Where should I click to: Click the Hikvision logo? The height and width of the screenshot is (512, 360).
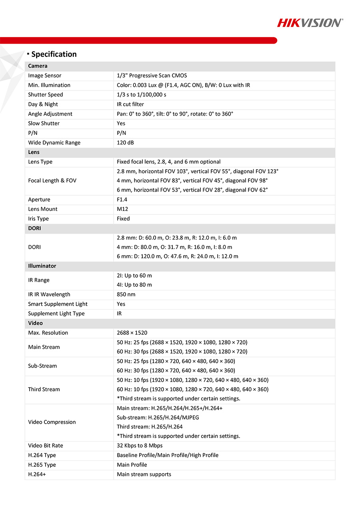[310, 23]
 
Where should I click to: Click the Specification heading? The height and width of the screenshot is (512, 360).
[54, 54]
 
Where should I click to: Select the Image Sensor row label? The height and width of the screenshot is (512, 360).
[45, 76]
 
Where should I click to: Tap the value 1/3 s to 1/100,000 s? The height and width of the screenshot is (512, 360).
[141, 95]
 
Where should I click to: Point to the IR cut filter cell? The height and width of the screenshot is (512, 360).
[130, 104]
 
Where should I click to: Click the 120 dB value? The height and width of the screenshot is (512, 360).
[125, 143]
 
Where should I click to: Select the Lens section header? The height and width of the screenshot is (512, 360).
[34, 152]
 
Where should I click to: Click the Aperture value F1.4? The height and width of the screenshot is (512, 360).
[122, 200]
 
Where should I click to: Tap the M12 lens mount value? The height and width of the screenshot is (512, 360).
[122, 209]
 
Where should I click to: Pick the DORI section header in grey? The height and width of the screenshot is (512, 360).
[34, 228]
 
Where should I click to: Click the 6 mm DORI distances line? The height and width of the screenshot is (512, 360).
[177, 256]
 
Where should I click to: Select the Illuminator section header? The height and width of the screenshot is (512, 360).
[42, 266]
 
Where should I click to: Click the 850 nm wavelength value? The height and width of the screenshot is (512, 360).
[126, 294]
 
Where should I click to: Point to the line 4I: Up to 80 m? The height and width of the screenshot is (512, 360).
[134, 285]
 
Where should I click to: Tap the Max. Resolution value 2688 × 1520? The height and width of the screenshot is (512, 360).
[132, 333]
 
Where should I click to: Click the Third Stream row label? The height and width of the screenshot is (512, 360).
[44, 389]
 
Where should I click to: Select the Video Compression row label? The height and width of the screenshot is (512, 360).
[52, 422]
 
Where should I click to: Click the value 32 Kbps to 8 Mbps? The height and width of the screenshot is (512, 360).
[140, 446]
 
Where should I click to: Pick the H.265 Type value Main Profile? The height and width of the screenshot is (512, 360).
[132, 465]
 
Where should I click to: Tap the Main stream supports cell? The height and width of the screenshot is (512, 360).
[144, 474]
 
